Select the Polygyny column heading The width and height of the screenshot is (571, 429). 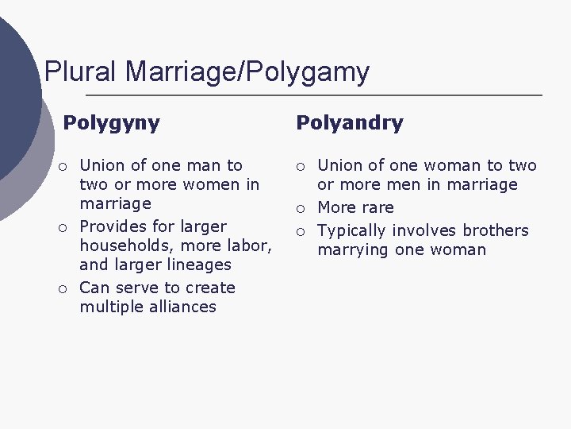(x=111, y=123)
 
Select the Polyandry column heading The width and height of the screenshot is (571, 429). (x=349, y=123)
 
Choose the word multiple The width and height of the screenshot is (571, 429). (x=110, y=307)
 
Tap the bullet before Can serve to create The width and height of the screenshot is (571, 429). (x=61, y=288)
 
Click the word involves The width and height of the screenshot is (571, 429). (x=425, y=230)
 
